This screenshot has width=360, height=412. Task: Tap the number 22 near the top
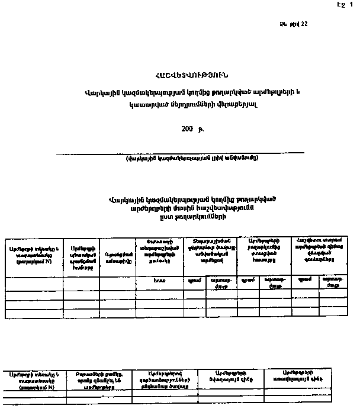point(304,24)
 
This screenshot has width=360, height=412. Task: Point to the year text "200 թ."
point(192,128)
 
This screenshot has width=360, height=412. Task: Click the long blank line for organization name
point(180,153)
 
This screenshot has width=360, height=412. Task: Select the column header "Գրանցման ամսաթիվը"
point(117,257)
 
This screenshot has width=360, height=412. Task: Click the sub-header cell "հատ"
point(159,281)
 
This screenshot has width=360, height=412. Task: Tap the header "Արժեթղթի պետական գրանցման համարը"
point(81,257)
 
